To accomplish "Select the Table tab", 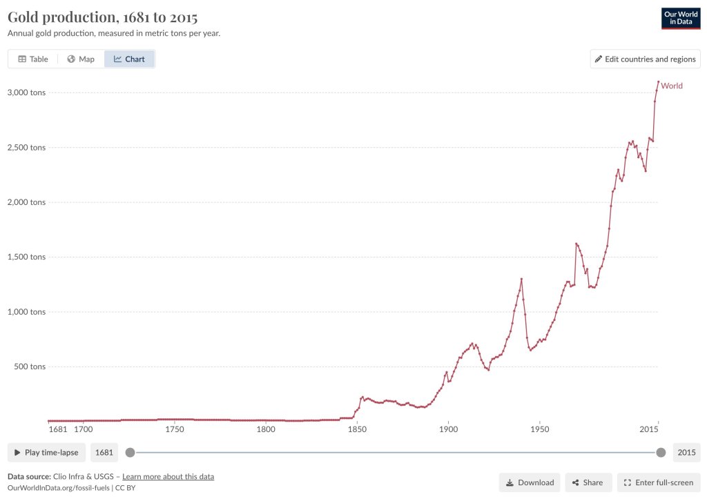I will pyautogui.click(x=33, y=59).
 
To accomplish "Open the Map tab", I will pyautogui.click(x=81, y=59).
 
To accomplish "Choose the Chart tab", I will pyautogui.click(x=129, y=59).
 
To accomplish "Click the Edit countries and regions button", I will pyautogui.click(x=645, y=59).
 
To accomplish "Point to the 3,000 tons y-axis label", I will pyautogui.click(x=27, y=92).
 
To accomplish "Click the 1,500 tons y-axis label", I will pyautogui.click(x=27, y=257).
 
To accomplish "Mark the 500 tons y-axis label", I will pyautogui.click(x=30, y=367).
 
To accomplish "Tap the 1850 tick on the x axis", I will pyautogui.click(x=357, y=429).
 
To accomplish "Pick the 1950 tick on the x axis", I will pyautogui.click(x=539, y=429).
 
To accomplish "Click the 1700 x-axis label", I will pyautogui.click(x=83, y=429).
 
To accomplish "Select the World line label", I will pyautogui.click(x=672, y=86).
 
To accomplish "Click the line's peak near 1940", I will pyautogui.click(x=521, y=279).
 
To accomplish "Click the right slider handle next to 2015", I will pyautogui.click(x=661, y=453).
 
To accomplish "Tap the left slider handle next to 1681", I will pyautogui.click(x=130, y=453).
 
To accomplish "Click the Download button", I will pyautogui.click(x=530, y=483).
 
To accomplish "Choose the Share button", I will pyautogui.click(x=588, y=483).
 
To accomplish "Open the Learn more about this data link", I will pyautogui.click(x=168, y=476).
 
